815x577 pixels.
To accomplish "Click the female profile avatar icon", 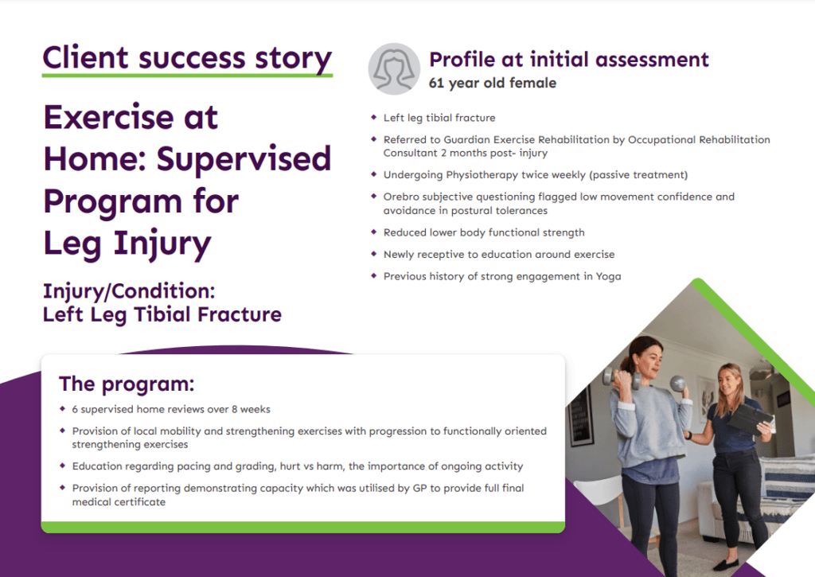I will click(x=394, y=68).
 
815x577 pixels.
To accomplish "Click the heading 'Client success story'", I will click(x=187, y=58).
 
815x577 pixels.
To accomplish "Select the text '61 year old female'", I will click(x=492, y=83).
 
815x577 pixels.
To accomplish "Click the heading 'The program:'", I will click(x=127, y=384).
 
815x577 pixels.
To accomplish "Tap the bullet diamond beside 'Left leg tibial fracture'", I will click(x=373, y=118).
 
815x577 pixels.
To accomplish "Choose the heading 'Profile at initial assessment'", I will click(x=568, y=59).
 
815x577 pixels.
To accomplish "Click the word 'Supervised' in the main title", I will click(x=243, y=159).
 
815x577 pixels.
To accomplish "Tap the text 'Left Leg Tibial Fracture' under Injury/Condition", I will click(x=162, y=314).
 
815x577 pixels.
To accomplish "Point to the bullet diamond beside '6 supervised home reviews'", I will click(x=63, y=409).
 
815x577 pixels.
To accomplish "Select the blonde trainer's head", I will click(x=729, y=378).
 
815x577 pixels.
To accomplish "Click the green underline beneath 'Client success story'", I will click(x=187, y=76).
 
